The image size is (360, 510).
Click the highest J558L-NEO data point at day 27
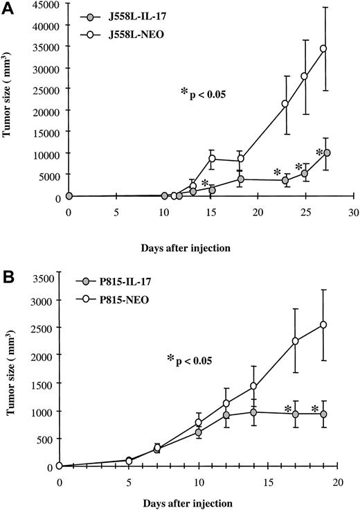pyautogui.click(x=323, y=49)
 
